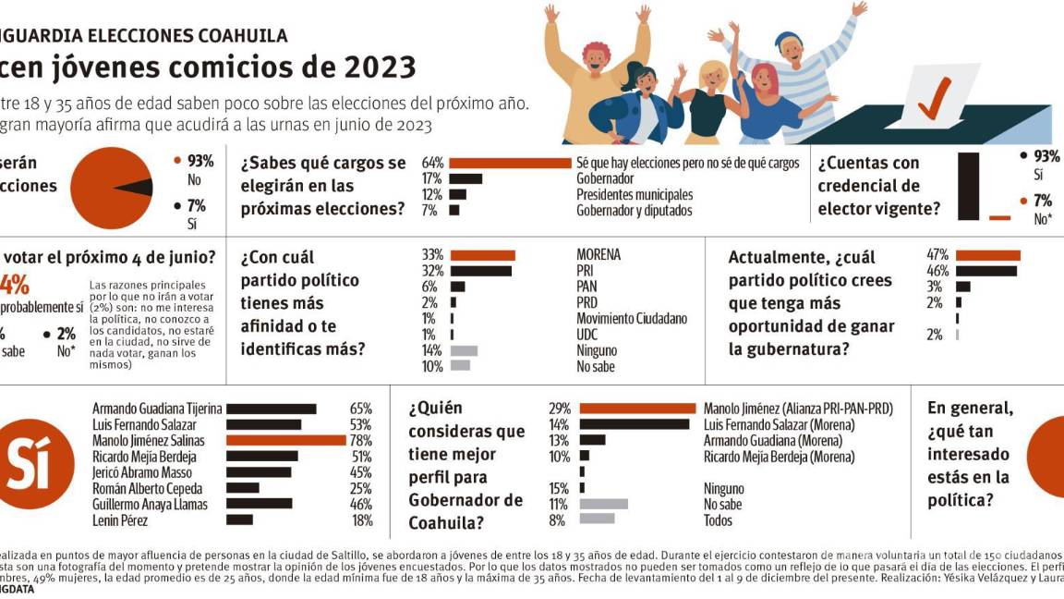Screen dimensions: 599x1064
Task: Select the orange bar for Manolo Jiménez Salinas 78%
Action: pyautogui.click(x=285, y=441)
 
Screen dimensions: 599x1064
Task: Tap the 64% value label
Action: pyautogui.click(x=433, y=163)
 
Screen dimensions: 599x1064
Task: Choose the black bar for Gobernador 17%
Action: pyautogui.click(x=465, y=178)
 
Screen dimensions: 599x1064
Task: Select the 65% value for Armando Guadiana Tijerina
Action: pyautogui.click(x=360, y=409)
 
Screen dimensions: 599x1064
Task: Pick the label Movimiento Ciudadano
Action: pyautogui.click(x=632, y=319)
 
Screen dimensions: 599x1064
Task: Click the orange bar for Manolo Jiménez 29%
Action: pyautogui.click(x=637, y=408)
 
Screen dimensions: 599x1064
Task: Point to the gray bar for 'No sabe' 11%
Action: pyautogui.click(x=603, y=504)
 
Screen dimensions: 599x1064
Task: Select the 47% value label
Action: pyautogui.click(x=937, y=254)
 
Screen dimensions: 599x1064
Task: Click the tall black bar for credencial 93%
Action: pyautogui.click(x=968, y=185)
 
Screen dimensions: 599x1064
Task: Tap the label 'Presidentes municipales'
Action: pyautogui.click(x=634, y=194)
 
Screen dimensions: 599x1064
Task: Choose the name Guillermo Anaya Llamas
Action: pyautogui.click(x=151, y=505)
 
